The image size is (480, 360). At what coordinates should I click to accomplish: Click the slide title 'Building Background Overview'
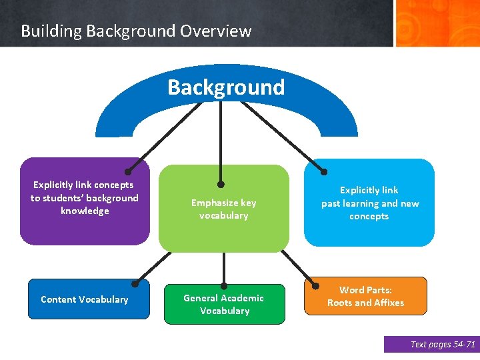(136, 31)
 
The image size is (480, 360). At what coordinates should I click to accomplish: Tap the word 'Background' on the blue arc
(226, 87)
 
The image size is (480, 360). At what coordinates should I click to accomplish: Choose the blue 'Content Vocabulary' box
(85, 299)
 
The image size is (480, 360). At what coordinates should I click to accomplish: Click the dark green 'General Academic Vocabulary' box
(224, 305)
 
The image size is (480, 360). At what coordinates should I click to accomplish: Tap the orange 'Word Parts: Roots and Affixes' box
(365, 296)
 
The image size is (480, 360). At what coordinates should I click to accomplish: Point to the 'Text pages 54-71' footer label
(431, 344)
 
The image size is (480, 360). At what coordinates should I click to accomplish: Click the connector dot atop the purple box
(128, 171)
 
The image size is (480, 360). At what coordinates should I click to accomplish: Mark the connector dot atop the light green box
(221, 184)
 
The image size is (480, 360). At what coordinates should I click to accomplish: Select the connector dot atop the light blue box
(323, 170)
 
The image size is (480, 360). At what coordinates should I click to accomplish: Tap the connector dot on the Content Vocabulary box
(135, 283)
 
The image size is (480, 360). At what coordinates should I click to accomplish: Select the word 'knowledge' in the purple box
(85, 211)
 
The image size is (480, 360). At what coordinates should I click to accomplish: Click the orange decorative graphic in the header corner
(437, 23)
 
